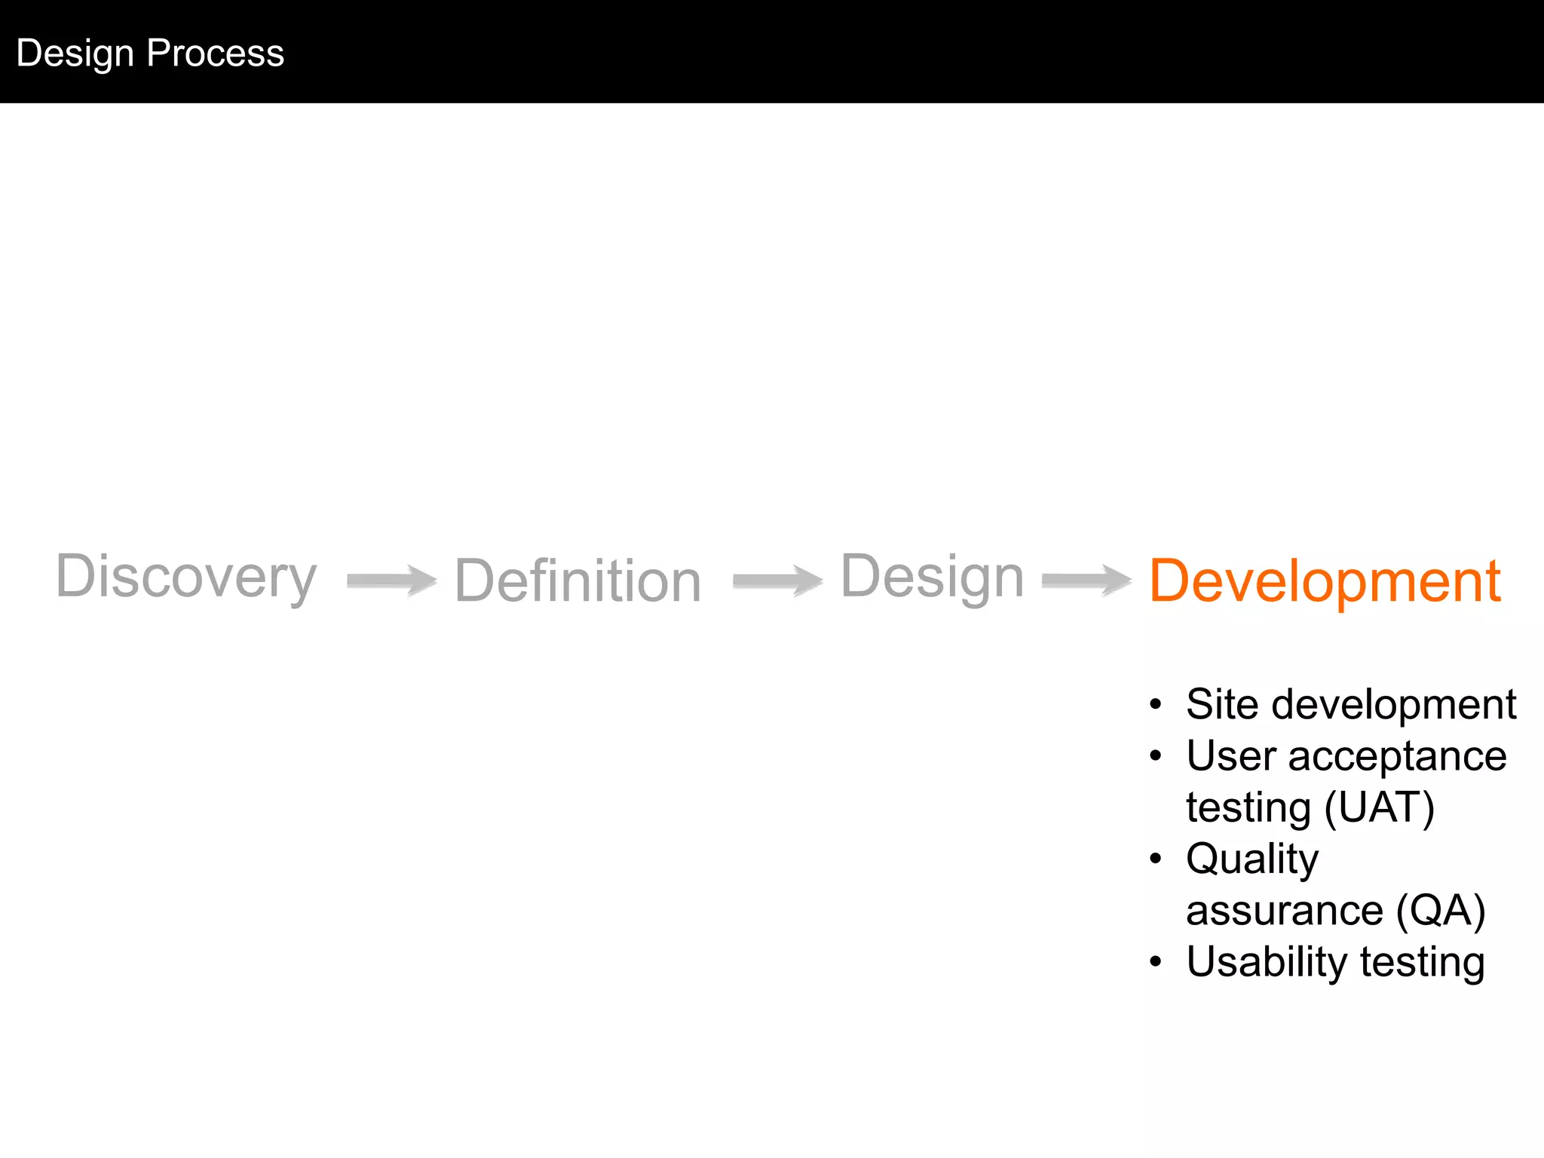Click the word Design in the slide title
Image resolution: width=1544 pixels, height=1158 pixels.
[75, 54]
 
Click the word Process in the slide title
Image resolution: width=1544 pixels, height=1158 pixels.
[216, 54]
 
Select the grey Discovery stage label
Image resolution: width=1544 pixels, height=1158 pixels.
[186, 577]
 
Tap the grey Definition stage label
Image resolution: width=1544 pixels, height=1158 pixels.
[578, 581]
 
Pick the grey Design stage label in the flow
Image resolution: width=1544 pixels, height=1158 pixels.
[932, 577]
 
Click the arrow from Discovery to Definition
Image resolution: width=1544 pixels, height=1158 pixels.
[391, 580]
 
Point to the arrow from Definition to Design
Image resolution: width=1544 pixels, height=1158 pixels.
[777, 580]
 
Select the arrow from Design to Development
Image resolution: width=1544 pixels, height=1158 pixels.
[1086, 580]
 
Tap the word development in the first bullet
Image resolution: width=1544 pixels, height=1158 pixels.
[1394, 704]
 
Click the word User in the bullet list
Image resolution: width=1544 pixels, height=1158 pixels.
[1230, 755]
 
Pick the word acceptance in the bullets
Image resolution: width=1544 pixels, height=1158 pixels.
[1397, 755]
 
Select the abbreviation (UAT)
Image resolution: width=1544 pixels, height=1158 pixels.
[1379, 807]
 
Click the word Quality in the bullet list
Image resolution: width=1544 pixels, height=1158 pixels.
[1252, 859]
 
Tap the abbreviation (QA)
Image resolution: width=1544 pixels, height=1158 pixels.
[1440, 910]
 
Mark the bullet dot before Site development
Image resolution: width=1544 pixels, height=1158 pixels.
[1156, 705]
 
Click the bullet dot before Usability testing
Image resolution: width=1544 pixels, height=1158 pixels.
[1156, 963]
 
